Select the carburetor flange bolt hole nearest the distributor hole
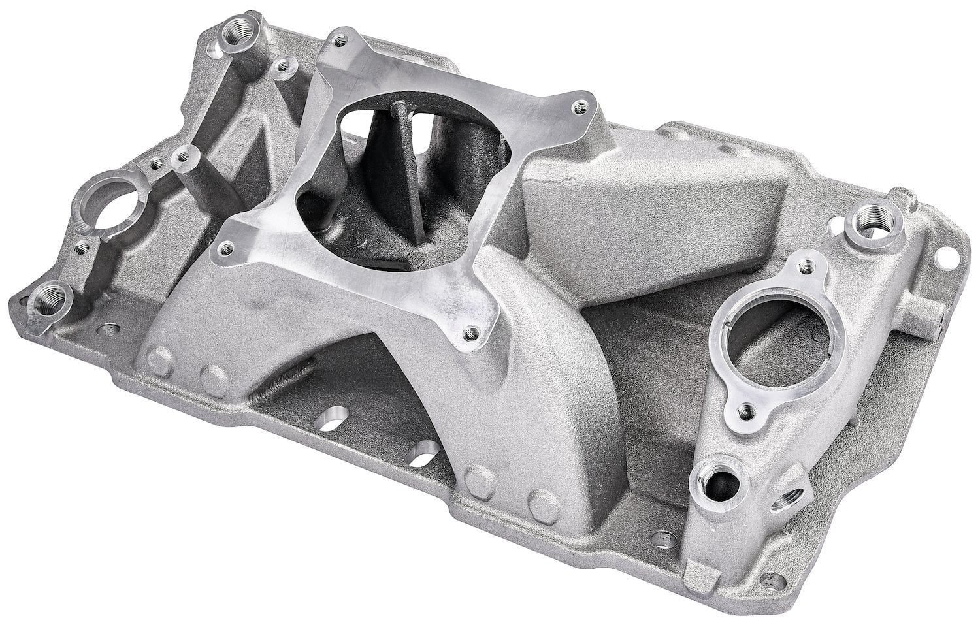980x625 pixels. coord(227,247)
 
